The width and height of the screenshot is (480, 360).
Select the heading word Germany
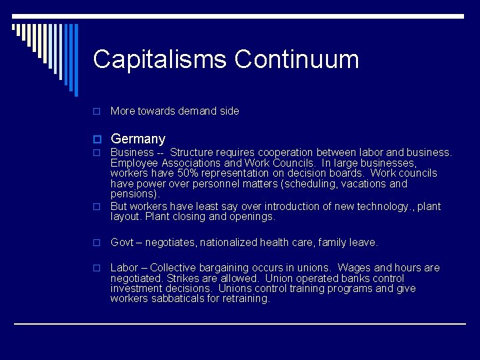(x=138, y=139)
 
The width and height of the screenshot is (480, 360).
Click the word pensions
(x=133, y=194)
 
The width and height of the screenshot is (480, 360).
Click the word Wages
(x=354, y=268)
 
